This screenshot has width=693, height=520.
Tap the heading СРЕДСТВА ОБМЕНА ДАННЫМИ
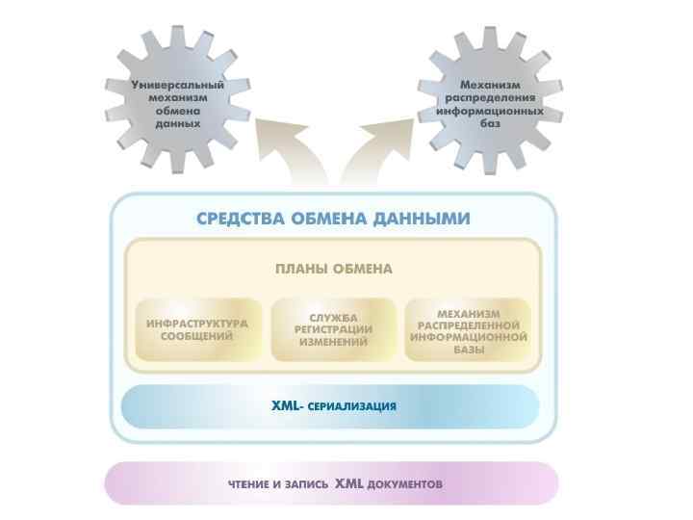point(333,219)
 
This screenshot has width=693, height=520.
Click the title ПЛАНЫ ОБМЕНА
point(334,269)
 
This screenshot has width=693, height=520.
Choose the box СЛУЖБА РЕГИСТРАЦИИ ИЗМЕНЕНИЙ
point(333,330)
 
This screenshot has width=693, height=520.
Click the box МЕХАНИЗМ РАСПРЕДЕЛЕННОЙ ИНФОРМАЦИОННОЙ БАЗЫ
point(469,330)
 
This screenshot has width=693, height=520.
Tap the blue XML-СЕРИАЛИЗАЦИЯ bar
point(333,406)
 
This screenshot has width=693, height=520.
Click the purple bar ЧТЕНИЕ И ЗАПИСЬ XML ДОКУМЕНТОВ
point(333,483)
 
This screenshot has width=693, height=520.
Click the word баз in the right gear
point(489,124)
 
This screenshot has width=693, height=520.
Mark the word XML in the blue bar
point(285,405)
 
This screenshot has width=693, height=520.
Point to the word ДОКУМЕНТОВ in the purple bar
point(404,484)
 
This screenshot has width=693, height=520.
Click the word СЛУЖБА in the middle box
point(333,318)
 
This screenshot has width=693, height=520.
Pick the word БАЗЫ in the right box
point(469,351)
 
